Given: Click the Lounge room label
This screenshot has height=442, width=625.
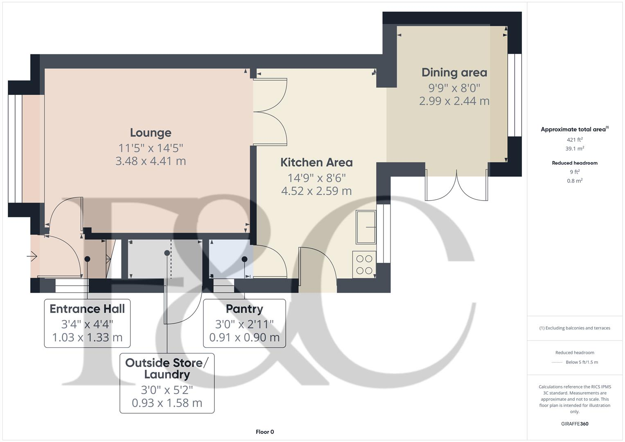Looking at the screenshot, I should click(151, 133).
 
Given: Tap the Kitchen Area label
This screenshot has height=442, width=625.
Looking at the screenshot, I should click(316, 162).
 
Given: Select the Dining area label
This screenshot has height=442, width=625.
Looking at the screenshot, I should click(454, 72).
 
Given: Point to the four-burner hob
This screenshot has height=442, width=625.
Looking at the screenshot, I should click(364, 264).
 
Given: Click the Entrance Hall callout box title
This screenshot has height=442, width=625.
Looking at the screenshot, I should click(87, 309).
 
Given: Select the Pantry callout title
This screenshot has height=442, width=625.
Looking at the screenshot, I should click(244, 309).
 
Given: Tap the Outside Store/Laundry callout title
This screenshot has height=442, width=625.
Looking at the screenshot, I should click(167, 368).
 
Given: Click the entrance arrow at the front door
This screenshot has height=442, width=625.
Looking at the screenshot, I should click(32, 257).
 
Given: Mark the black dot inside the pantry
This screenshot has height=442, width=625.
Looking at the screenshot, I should click(244, 259).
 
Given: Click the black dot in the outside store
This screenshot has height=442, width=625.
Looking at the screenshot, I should click(167, 253).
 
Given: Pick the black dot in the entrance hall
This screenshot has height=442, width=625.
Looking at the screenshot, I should click(87, 259).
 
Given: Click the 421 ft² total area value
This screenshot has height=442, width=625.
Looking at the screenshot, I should click(575, 140).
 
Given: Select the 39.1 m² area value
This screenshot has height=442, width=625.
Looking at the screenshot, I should click(575, 149).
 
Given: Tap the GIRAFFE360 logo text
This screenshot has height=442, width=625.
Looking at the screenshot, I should click(575, 424).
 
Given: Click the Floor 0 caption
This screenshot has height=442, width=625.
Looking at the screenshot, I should click(265, 432).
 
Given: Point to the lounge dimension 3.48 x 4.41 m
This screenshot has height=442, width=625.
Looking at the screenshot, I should click(151, 161).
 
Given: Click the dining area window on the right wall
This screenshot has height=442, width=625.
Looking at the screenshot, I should click(514, 95).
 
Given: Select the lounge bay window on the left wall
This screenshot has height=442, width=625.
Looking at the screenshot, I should click(15, 149).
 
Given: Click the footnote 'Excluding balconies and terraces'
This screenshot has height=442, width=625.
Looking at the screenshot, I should click(575, 328).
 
